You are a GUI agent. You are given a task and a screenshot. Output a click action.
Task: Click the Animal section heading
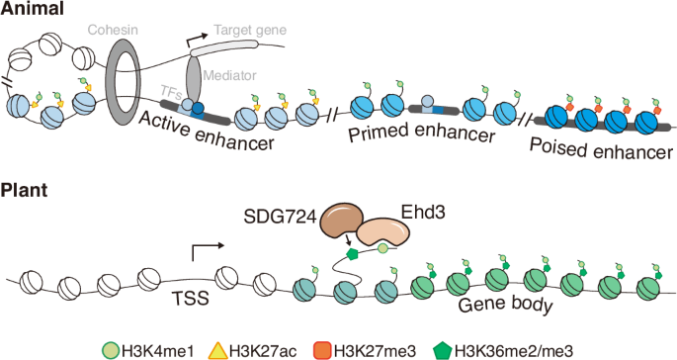pyautogui.click(x=33, y=10)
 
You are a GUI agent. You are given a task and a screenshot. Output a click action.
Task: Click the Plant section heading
pyautogui.click(x=26, y=189)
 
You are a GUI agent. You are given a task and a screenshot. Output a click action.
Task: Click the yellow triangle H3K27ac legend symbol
pyautogui.click(x=216, y=347)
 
